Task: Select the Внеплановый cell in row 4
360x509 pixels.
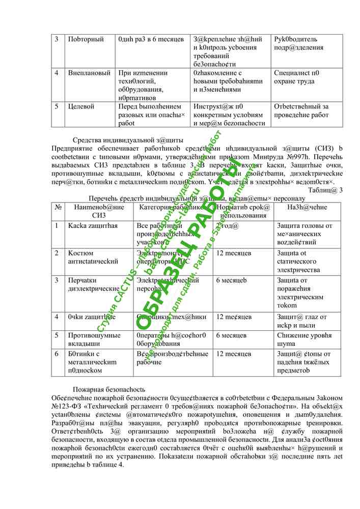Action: pyautogui.click(x=90, y=73)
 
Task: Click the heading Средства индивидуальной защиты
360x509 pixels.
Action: pyautogui.click(x=128, y=140)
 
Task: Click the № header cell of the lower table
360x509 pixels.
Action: pyautogui.click(x=58, y=207)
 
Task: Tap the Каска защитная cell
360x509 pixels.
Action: pyautogui.click(x=93, y=225)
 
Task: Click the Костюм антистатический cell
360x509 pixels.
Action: pyautogui.click(x=93, y=257)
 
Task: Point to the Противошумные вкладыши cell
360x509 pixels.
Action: pyautogui.click(x=94, y=340)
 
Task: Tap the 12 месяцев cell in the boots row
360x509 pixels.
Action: pyautogui.click(x=234, y=354)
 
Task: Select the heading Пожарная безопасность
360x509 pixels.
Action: pyautogui.click(x=109, y=388)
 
